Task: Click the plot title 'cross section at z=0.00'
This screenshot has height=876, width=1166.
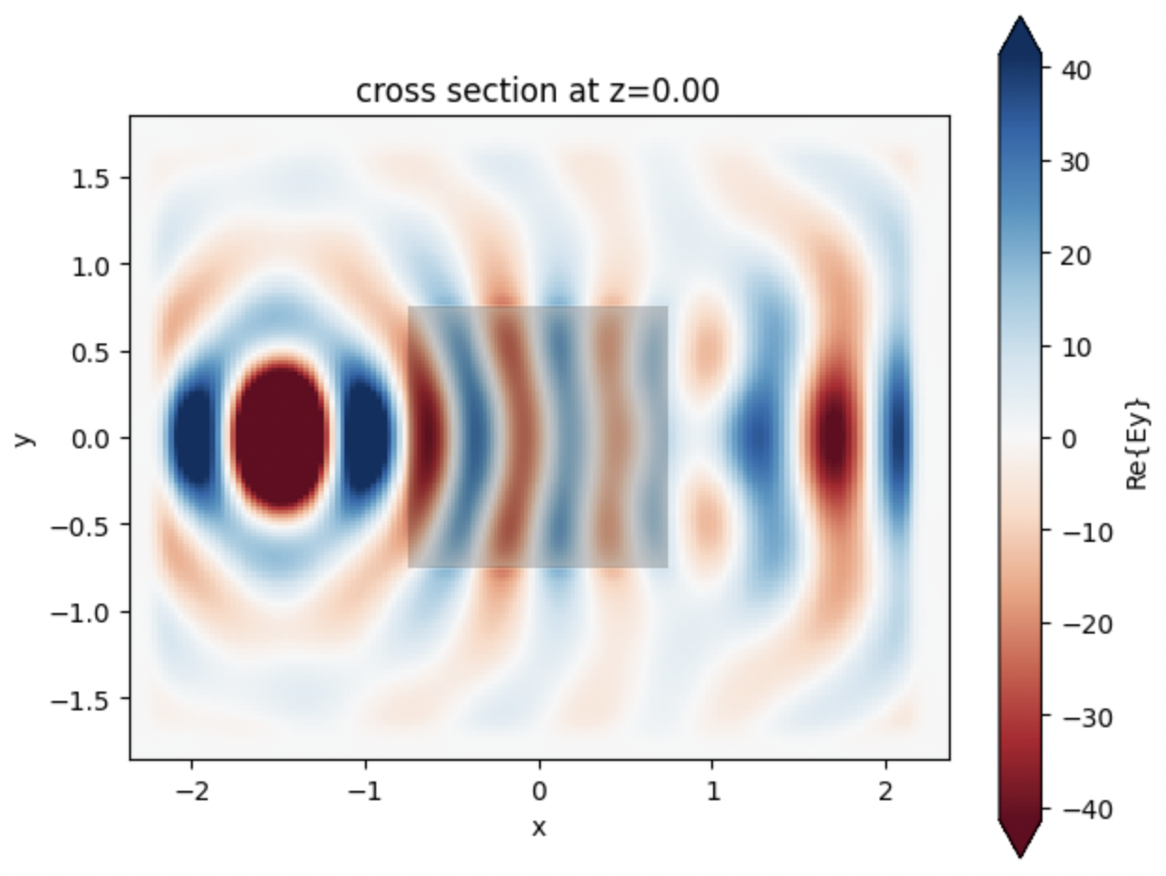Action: click(537, 91)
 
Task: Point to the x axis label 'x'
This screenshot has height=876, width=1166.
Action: click(538, 827)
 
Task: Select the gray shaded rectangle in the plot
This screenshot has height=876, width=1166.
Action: click(537, 436)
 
